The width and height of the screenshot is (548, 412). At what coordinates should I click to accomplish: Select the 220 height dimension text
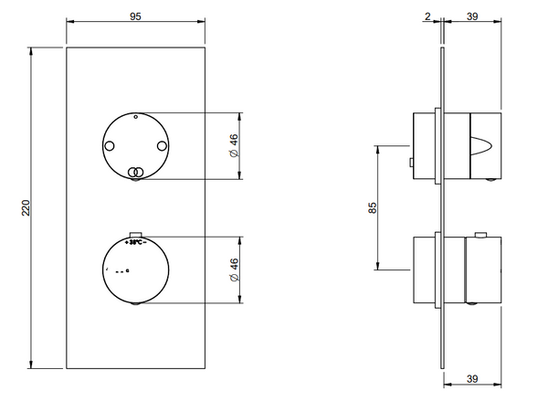click(26, 208)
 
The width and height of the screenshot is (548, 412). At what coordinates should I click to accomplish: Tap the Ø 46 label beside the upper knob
click(234, 147)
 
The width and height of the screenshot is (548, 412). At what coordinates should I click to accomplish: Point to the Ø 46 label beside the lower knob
click(234, 269)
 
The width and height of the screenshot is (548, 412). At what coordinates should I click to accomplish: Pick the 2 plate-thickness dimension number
click(427, 15)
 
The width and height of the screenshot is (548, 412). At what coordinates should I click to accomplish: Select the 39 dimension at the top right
click(475, 15)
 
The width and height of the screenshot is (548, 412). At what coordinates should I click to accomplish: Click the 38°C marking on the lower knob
click(134, 243)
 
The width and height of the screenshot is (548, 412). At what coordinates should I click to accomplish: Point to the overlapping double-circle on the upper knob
click(135, 171)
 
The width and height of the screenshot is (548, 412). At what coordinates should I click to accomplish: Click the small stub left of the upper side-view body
click(412, 164)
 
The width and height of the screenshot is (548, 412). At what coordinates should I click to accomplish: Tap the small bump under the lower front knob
click(135, 303)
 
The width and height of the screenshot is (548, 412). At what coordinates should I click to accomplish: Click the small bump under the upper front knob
click(135, 181)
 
